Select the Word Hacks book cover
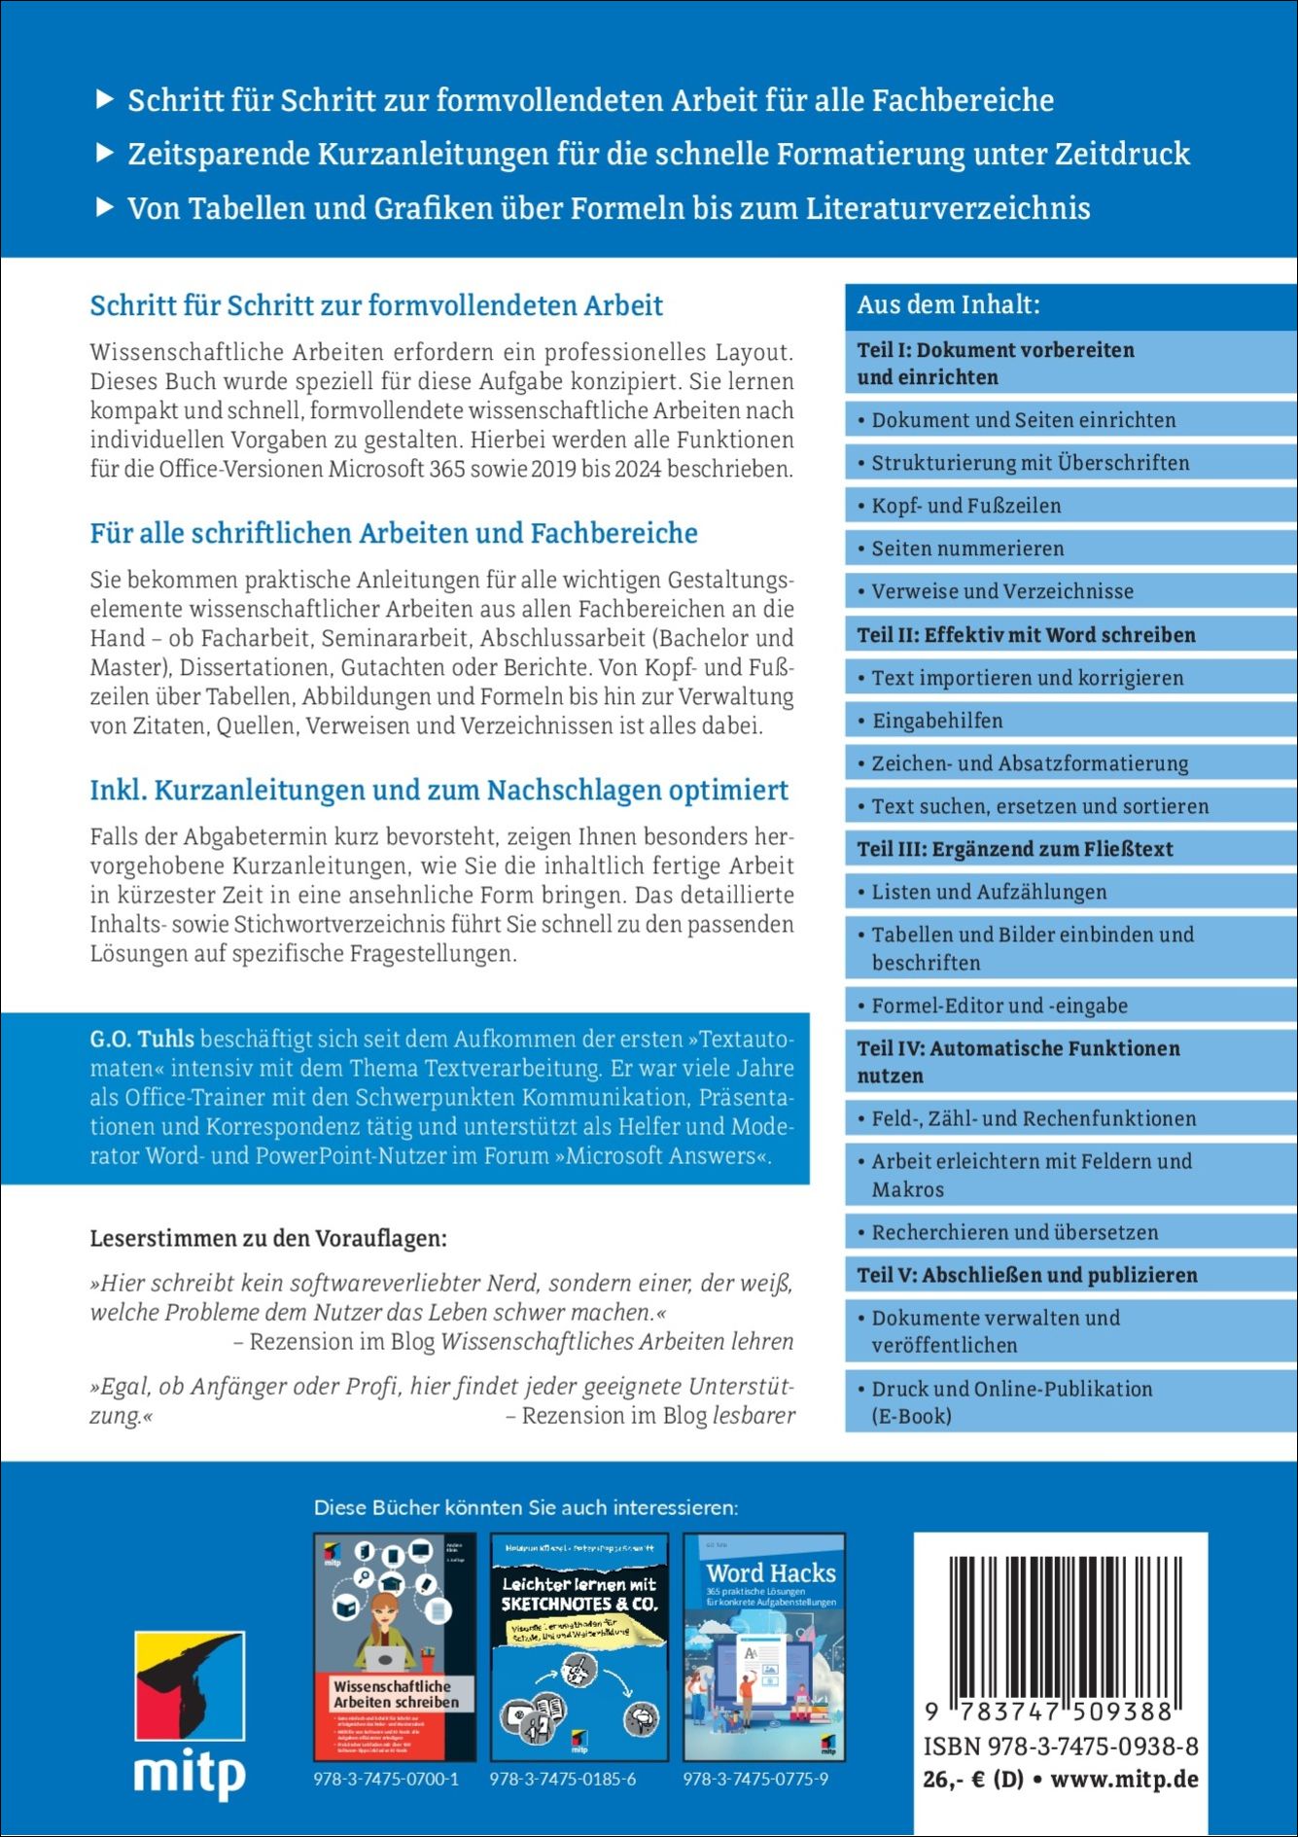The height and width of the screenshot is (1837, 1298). pos(763,1647)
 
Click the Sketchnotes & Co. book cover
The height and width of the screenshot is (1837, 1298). pos(579,1647)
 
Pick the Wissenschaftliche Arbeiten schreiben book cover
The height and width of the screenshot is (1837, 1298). pos(395,1647)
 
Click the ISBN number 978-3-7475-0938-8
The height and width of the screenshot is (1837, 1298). pos(1061,1747)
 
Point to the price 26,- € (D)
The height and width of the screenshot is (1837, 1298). pos(972,1780)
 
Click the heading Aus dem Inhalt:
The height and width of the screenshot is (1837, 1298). pos(948,305)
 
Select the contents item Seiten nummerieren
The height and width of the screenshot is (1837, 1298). pos(967,548)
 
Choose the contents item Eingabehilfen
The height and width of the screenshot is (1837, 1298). pos(936,721)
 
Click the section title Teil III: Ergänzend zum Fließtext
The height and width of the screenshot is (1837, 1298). pos(1014,849)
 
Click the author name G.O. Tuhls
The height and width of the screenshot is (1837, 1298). pos(142,1039)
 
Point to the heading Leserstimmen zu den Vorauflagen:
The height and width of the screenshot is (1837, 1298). pos(268,1239)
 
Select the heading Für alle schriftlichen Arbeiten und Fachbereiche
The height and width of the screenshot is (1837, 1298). pos(394,533)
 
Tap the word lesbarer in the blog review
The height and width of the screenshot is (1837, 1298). pos(754,1415)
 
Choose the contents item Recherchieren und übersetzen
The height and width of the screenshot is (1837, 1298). pos(1014,1232)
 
